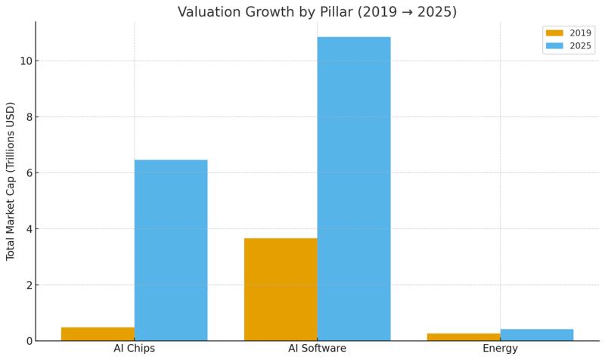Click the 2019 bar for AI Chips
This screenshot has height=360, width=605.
pos(98,334)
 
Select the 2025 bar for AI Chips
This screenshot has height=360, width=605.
pos(171,250)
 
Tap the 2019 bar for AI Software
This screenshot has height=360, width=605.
pos(281,289)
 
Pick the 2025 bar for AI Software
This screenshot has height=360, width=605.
pos(354,188)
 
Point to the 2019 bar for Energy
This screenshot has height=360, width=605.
pos(464,337)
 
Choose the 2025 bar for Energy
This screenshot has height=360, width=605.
pos(537,334)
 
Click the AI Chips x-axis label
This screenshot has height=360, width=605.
pos(135,349)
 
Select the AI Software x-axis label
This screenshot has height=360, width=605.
pos(317,349)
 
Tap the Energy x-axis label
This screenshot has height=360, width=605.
pos(500,349)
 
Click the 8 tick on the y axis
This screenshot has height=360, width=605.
pos(26,116)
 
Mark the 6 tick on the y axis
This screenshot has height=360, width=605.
pos(26,172)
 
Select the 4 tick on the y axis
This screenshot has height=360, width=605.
pos(26,228)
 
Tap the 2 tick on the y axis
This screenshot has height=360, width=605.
pos(26,285)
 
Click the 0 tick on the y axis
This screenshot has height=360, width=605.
pos(26,341)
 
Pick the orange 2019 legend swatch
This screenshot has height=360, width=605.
pos(555,33)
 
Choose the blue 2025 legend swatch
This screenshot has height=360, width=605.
pos(555,46)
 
